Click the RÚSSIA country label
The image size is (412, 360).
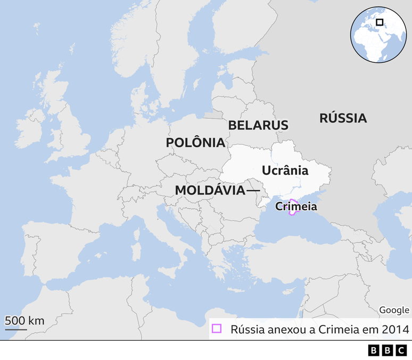[343, 118]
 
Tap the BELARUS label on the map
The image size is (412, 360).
[258, 125]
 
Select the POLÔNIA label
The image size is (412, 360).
[195, 143]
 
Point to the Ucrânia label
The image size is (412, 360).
[285, 170]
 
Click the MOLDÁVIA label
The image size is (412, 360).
[210, 190]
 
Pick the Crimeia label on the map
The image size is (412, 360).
[296, 207]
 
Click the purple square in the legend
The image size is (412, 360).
[216, 329]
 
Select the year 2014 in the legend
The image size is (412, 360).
[395, 329]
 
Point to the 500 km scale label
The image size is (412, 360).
[24, 321]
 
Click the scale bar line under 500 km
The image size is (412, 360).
[16, 329]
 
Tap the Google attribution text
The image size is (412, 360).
[394, 310]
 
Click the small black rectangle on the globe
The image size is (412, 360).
[380, 22]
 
